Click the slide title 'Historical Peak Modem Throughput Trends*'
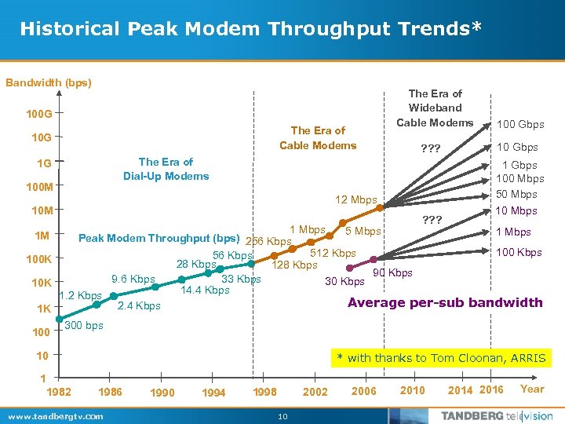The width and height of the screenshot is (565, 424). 250,29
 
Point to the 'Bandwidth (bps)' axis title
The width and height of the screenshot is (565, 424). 49,82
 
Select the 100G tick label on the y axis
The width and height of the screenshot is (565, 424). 39,115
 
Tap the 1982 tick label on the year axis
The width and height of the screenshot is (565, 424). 59,390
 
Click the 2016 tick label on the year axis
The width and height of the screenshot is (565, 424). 491,390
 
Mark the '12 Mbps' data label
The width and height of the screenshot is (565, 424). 356,200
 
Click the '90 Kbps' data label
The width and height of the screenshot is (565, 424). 393,273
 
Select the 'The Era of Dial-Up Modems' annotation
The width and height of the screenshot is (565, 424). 166,169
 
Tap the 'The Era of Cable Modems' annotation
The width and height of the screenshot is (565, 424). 318,138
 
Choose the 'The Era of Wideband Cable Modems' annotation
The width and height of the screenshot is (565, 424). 435,108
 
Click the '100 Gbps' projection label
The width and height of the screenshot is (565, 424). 519,125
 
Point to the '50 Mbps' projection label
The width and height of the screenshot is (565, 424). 517,195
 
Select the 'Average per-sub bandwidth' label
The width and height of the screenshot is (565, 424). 445,302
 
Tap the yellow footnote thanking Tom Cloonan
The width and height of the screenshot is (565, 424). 441,358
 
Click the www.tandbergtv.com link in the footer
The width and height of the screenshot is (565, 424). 54,416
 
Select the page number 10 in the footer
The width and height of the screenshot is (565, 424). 283,416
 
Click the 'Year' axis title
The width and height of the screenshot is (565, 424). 531,389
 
